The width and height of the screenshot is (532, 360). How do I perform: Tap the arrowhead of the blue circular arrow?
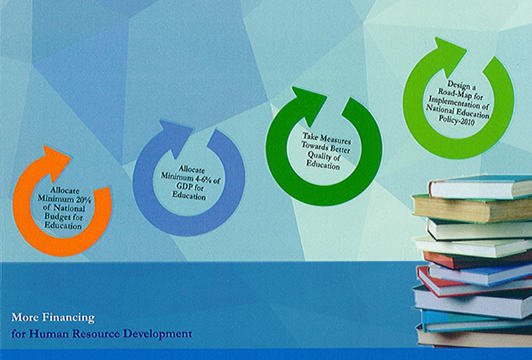point(175,138)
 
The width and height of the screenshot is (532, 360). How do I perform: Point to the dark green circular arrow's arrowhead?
point(308,104)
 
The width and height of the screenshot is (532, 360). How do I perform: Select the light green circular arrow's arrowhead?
point(450,55)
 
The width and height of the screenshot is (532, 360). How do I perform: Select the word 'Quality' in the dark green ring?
point(319,156)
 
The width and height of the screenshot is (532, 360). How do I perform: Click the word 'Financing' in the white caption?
point(68,318)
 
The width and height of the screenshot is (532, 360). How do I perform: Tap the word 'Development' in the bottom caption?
point(158,334)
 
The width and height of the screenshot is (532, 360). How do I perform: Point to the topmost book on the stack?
point(480,188)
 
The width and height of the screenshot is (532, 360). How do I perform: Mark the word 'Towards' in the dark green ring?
point(315,148)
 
